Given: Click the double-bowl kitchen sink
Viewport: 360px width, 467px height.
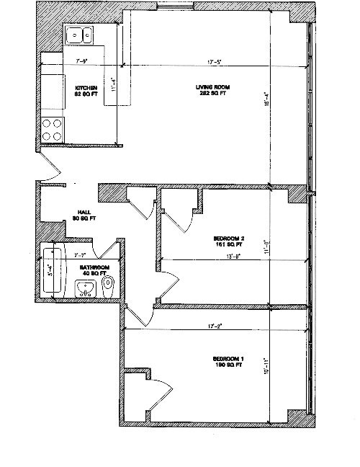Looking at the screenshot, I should (79, 34).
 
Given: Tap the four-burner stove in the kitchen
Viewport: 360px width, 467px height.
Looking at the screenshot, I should (51, 129).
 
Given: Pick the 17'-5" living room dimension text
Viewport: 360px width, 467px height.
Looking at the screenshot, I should (212, 63).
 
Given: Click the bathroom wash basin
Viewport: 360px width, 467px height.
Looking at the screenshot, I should (86, 289).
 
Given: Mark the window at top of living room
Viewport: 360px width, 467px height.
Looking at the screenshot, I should (177, 8).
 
